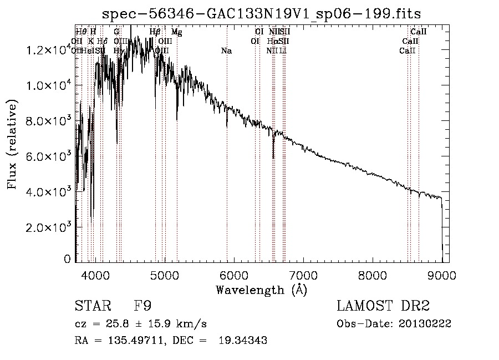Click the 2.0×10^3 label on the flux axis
(x=46, y=227)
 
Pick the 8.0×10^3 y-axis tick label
(x=46, y=120)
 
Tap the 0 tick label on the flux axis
(x=67, y=258)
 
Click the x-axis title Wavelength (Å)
(x=261, y=290)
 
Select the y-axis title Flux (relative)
(x=12, y=144)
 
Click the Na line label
(x=226, y=51)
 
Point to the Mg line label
(x=176, y=32)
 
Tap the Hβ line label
(x=155, y=32)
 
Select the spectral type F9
(x=143, y=306)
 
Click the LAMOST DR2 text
(x=383, y=306)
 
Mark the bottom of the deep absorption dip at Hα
(x=273, y=158)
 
